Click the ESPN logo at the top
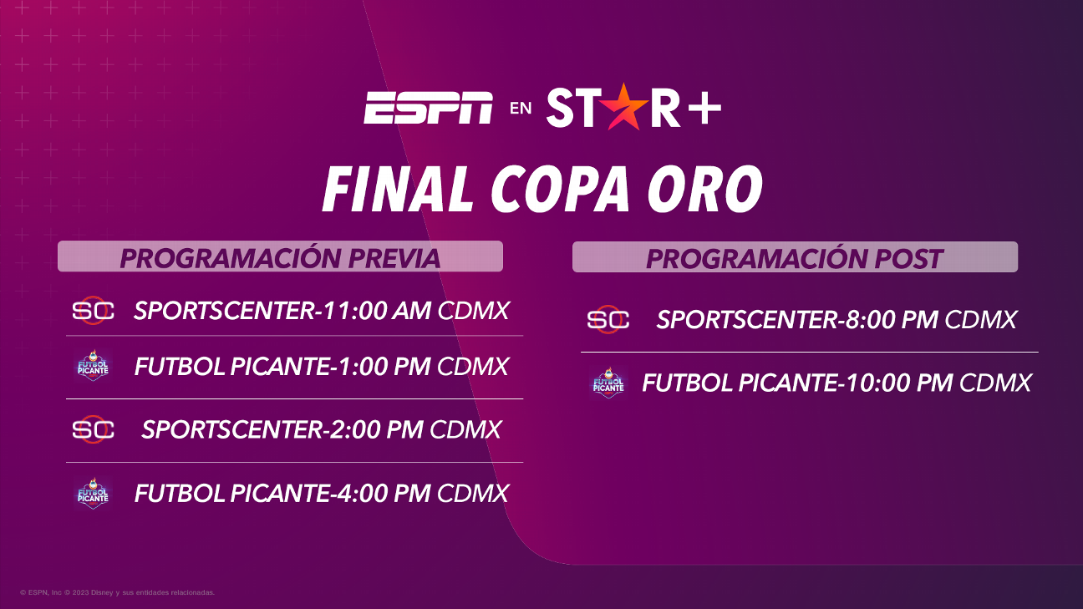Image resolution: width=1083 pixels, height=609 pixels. tap(428, 107)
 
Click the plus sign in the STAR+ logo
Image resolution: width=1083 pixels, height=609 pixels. tap(704, 109)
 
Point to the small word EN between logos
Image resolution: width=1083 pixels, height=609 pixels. tap(521, 108)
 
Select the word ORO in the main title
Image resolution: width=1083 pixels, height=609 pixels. tap(705, 189)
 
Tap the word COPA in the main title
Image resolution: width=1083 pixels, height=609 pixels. tap(561, 189)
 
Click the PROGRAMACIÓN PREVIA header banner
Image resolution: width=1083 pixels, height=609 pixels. tap(281, 256)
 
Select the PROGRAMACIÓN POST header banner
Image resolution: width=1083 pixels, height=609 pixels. tap(795, 257)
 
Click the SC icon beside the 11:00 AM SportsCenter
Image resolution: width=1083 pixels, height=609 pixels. tap(93, 310)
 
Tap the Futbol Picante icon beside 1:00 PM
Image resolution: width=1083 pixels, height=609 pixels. tap(93, 366)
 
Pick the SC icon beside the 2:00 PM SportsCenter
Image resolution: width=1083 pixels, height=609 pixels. tap(93, 429)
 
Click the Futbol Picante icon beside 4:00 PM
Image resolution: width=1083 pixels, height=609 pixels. tap(93, 494)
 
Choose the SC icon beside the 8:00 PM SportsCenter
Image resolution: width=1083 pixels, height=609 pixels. tap(608, 319)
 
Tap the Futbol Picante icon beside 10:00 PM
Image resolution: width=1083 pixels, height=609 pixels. tap(608, 383)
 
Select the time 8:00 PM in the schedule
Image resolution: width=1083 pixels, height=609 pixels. tap(891, 320)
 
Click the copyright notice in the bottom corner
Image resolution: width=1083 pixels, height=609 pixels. tap(118, 592)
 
